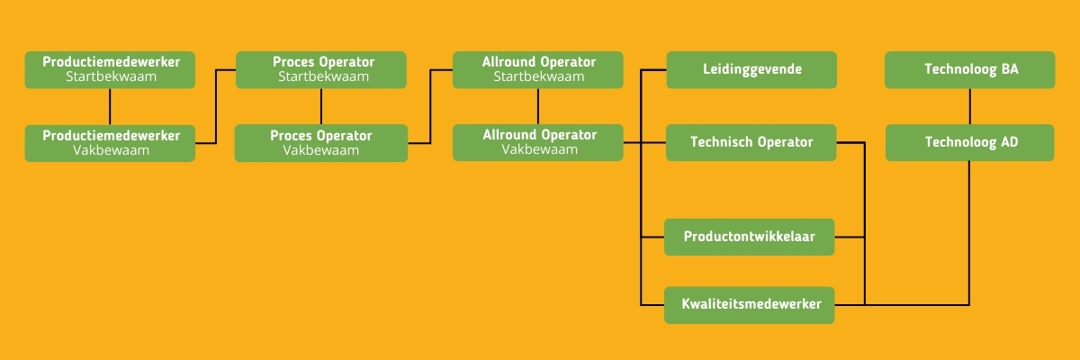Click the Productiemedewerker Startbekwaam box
tap(110, 69)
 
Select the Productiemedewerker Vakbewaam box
tap(110, 143)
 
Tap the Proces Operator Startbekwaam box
tap(321, 69)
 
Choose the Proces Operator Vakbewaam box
tap(320, 143)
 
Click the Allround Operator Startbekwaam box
tap(538, 69)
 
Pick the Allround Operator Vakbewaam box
tap(538, 142)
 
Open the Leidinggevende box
tap(751, 69)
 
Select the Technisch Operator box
tap(751, 142)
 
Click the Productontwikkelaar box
tap(750, 237)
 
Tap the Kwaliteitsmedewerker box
tap(750, 305)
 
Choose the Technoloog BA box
tap(970, 69)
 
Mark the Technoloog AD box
tap(970, 142)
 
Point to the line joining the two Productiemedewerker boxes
tap(110, 106)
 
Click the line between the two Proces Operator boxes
tap(321, 106)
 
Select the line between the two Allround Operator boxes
tap(538, 106)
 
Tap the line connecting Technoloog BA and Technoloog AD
tap(970, 106)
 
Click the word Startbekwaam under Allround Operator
tap(538, 76)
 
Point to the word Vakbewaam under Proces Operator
tap(320, 150)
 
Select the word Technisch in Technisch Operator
tap(720, 142)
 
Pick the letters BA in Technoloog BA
tap(1009, 69)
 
